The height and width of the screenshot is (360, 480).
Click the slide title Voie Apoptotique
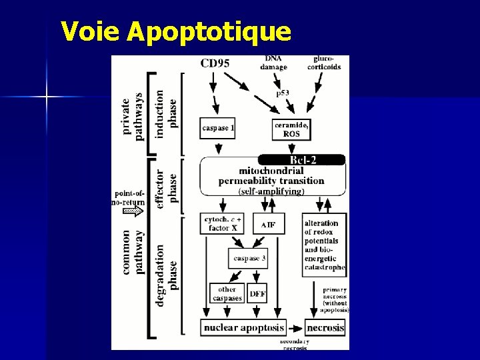pyautogui.click(x=175, y=31)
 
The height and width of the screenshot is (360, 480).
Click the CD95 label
pyautogui.click(x=215, y=64)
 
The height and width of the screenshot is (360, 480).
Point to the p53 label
pyautogui.click(x=283, y=93)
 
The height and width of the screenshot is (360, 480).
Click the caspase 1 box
pyautogui.click(x=217, y=128)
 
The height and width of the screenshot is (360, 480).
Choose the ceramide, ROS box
pyautogui.click(x=292, y=129)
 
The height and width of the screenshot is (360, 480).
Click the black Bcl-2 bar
pyautogui.click(x=302, y=160)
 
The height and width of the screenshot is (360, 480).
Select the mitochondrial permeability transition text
pyautogui.click(x=271, y=176)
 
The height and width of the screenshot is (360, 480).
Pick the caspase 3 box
pyautogui.click(x=248, y=258)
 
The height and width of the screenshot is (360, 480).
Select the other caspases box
pyautogui.click(x=227, y=293)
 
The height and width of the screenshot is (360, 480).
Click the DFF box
pyautogui.click(x=257, y=293)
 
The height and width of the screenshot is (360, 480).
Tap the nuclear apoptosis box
pyautogui.click(x=244, y=327)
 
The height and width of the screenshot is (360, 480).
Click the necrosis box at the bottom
pyautogui.click(x=325, y=327)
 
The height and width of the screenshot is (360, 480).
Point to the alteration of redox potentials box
pyautogui.click(x=323, y=245)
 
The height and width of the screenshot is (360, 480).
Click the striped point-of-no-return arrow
pyautogui.click(x=133, y=211)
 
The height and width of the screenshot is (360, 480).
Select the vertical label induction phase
pyautogui.click(x=167, y=114)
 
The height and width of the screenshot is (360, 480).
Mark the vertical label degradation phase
pyautogui.click(x=167, y=275)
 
